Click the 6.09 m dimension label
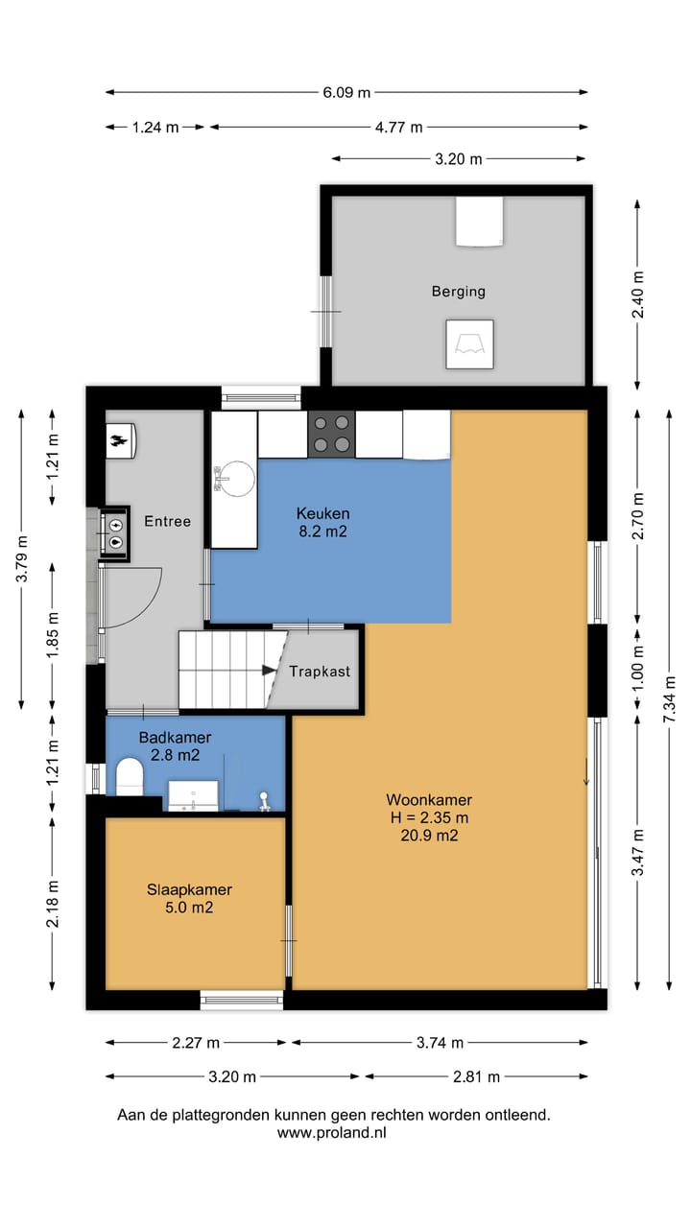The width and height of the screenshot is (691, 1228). (x=346, y=93)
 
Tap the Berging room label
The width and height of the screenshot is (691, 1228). (x=459, y=291)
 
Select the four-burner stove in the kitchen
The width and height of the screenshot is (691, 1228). (x=331, y=434)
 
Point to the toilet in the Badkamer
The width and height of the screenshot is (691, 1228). (x=130, y=776)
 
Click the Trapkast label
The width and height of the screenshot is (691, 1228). (x=320, y=672)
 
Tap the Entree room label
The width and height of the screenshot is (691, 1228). (x=167, y=521)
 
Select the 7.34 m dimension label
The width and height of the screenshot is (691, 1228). (x=670, y=699)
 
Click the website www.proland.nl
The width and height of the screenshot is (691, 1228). (x=332, y=1133)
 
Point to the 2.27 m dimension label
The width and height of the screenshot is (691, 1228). (x=196, y=1043)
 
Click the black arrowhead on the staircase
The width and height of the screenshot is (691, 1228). (x=269, y=670)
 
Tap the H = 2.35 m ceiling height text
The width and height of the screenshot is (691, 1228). (x=429, y=817)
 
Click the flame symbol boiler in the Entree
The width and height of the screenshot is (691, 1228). (x=121, y=440)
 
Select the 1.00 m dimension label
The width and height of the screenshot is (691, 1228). (x=638, y=670)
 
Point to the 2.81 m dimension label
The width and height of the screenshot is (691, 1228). (x=476, y=1076)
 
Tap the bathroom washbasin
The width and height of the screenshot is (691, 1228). (x=193, y=795)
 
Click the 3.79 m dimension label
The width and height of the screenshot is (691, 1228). (x=22, y=558)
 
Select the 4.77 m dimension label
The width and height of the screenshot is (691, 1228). (x=398, y=128)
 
